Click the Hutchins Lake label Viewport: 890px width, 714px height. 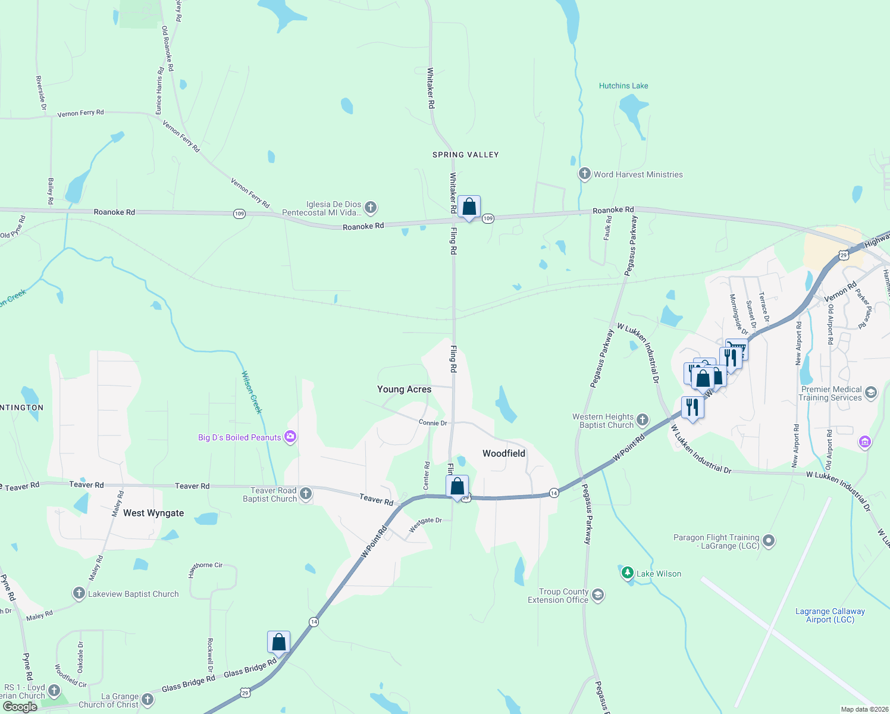623,86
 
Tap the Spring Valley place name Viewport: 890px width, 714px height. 465,155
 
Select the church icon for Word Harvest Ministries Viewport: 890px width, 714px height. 584,174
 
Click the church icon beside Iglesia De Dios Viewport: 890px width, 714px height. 370,207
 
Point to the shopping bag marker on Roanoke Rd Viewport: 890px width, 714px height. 469,207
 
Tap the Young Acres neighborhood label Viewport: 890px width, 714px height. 404,389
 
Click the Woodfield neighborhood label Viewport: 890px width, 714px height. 503,453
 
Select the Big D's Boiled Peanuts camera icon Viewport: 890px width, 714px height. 290,437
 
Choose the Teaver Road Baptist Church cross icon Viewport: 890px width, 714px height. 305,493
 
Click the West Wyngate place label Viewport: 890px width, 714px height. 153,513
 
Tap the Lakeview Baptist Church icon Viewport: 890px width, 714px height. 79,593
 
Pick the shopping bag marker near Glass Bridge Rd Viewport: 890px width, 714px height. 278,643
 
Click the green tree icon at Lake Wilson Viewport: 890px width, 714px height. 627,572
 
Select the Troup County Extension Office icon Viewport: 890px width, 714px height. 598,595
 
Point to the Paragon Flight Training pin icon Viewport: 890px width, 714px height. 769,541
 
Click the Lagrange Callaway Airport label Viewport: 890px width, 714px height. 830,615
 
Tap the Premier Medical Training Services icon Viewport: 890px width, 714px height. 871,393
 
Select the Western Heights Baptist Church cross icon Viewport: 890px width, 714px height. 643,420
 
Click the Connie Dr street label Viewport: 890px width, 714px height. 433,423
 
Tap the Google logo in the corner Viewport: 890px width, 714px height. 20,707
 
